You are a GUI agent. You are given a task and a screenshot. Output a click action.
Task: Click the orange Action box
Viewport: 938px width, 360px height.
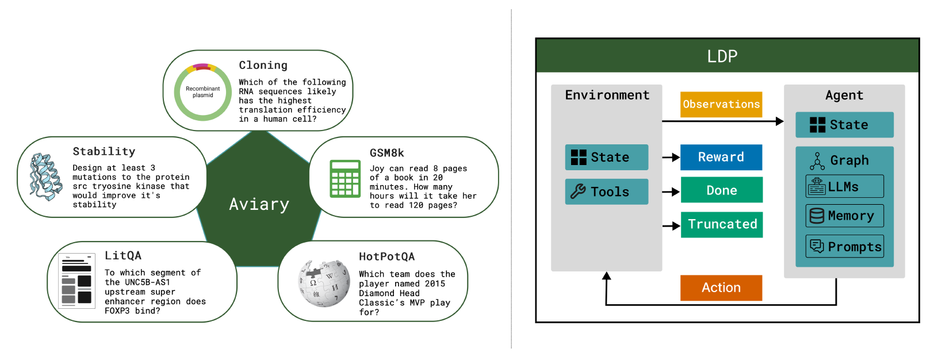(x=721, y=288)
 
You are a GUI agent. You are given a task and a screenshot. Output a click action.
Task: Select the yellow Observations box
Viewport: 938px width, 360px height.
(x=721, y=104)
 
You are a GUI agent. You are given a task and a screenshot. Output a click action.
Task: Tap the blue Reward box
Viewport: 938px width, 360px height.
(x=721, y=157)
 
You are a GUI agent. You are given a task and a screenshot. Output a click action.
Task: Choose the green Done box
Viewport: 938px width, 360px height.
(x=722, y=190)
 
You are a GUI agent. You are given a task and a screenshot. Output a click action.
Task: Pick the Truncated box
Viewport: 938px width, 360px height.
(x=722, y=224)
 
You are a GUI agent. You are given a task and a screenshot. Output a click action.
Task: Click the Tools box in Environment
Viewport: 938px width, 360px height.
(x=606, y=192)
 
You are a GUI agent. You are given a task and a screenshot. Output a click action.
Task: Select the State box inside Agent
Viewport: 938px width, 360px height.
(x=844, y=125)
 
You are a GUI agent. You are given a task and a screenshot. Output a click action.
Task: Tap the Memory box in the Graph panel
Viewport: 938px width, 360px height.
(x=845, y=216)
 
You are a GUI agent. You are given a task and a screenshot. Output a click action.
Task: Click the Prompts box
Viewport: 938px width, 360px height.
(x=845, y=246)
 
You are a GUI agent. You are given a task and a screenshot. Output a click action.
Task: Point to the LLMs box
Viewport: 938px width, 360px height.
(x=845, y=186)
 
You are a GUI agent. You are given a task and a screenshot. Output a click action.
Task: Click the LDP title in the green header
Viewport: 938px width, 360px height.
(x=722, y=56)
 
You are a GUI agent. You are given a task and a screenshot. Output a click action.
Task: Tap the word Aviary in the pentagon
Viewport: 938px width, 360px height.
(x=259, y=204)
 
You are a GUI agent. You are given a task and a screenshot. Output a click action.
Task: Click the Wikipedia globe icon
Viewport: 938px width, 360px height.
(x=324, y=284)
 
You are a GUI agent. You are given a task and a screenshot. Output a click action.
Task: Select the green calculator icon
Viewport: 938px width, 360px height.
(x=345, y=178)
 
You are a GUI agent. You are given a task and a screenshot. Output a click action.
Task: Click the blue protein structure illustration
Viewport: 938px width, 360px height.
(x=45, y=177)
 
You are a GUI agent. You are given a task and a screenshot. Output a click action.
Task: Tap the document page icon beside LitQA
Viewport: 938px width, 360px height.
(x=76, y=281)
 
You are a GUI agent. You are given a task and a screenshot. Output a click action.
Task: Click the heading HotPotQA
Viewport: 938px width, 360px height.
(x=386, y=256)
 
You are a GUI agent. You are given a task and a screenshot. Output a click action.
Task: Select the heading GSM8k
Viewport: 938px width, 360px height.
(x=386, y=153)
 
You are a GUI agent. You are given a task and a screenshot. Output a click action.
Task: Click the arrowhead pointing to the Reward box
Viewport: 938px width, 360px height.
(x=675, y=158)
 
